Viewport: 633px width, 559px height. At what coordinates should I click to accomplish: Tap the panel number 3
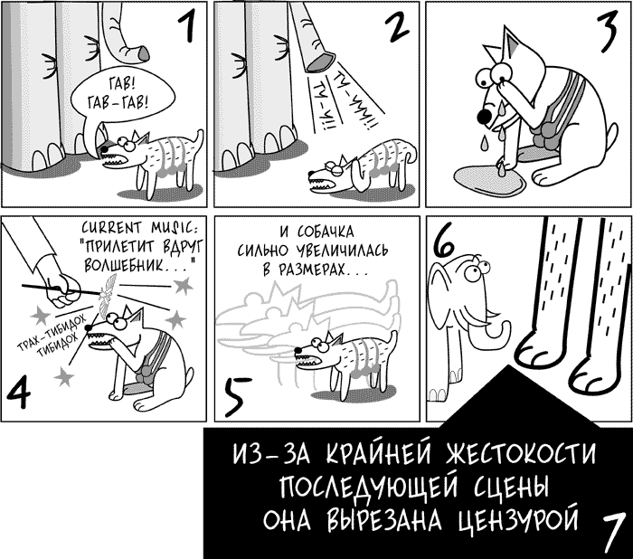point(609,31)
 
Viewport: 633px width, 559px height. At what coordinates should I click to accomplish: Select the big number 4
point(18,393)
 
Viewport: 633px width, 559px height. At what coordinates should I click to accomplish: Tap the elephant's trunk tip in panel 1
point(143,53)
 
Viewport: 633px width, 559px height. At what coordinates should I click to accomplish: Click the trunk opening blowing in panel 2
point(320,62)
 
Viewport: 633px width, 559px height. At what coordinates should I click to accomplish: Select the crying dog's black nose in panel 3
point(484,116)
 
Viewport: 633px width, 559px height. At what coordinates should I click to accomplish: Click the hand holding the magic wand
point(63,290)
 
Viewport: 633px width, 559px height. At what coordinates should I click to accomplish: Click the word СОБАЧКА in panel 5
point(326,232)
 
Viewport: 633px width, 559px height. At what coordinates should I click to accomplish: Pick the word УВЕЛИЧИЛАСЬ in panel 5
point(342,251)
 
